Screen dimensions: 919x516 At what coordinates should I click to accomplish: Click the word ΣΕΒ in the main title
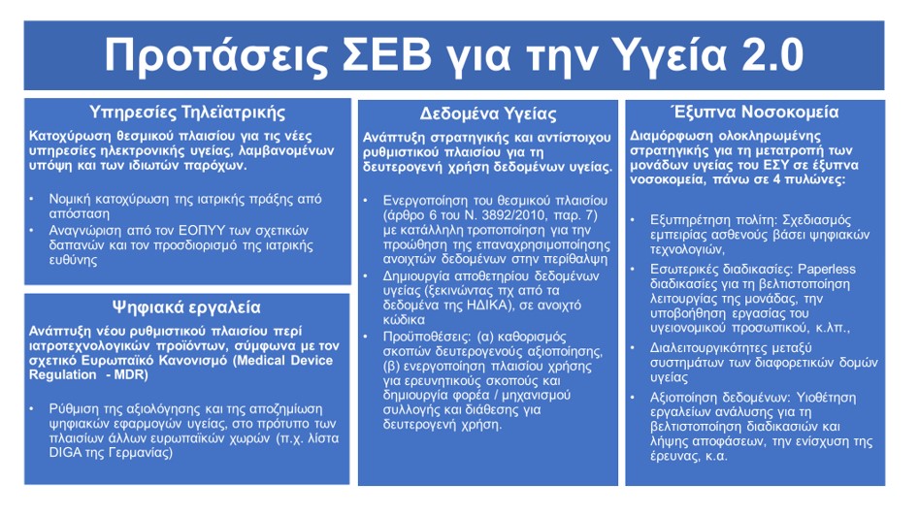click(385, 54)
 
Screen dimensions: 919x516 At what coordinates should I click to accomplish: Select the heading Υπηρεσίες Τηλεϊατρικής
click(187, 112)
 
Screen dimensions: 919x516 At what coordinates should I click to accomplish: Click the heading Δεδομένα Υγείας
click(487, 113)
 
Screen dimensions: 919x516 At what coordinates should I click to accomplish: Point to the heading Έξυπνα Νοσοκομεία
click(755, 112)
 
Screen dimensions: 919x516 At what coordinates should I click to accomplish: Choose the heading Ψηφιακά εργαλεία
click(186, 306)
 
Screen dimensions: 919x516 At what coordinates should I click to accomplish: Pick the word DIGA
click(66, 453)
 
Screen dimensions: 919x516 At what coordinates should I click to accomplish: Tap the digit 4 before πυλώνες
click(776, 179)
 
